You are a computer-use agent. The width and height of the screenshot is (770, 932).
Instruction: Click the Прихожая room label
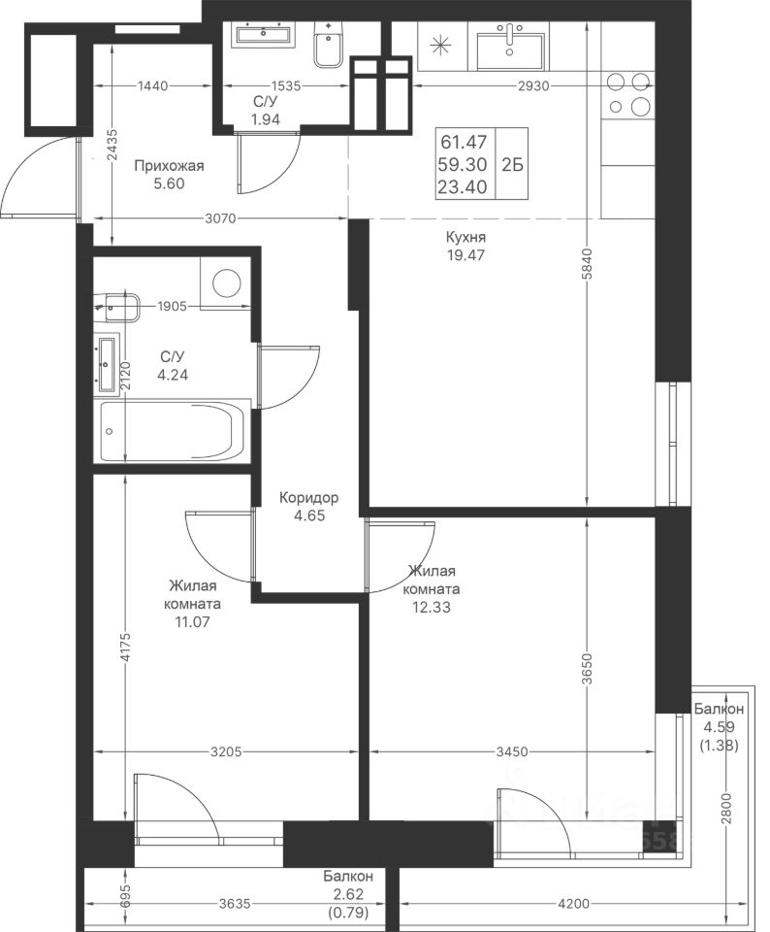click(169, 166)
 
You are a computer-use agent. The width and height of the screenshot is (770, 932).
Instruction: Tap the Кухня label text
click(466, 237)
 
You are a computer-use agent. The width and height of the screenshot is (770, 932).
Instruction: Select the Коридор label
click(309, 497)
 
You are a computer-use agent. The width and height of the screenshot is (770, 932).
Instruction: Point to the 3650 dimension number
click(587, 671)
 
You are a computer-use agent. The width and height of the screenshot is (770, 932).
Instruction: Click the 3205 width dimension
click(226, 751)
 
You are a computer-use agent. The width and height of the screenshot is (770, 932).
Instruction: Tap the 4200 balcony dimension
click(574, 904)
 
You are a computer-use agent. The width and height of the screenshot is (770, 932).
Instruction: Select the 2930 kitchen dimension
click(533, 86)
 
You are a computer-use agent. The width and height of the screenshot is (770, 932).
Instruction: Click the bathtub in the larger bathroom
click(173, 431)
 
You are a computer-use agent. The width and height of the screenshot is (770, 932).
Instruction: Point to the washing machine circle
click(227, 283)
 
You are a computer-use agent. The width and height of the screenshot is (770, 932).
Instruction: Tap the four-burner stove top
click(629, 93)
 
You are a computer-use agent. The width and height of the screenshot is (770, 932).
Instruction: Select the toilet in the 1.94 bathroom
click(327, 46)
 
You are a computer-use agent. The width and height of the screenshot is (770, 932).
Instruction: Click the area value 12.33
click(432, 608)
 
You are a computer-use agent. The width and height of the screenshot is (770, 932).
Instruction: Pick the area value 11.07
click(192, 622)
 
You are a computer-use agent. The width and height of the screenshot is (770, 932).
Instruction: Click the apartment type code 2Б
click(512, 164)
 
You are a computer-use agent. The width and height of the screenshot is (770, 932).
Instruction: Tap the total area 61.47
click(464, 142)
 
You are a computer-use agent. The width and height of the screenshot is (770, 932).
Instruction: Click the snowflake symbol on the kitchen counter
click(441, 47)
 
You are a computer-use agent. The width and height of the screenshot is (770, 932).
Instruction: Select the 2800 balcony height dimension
click(728, 809)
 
